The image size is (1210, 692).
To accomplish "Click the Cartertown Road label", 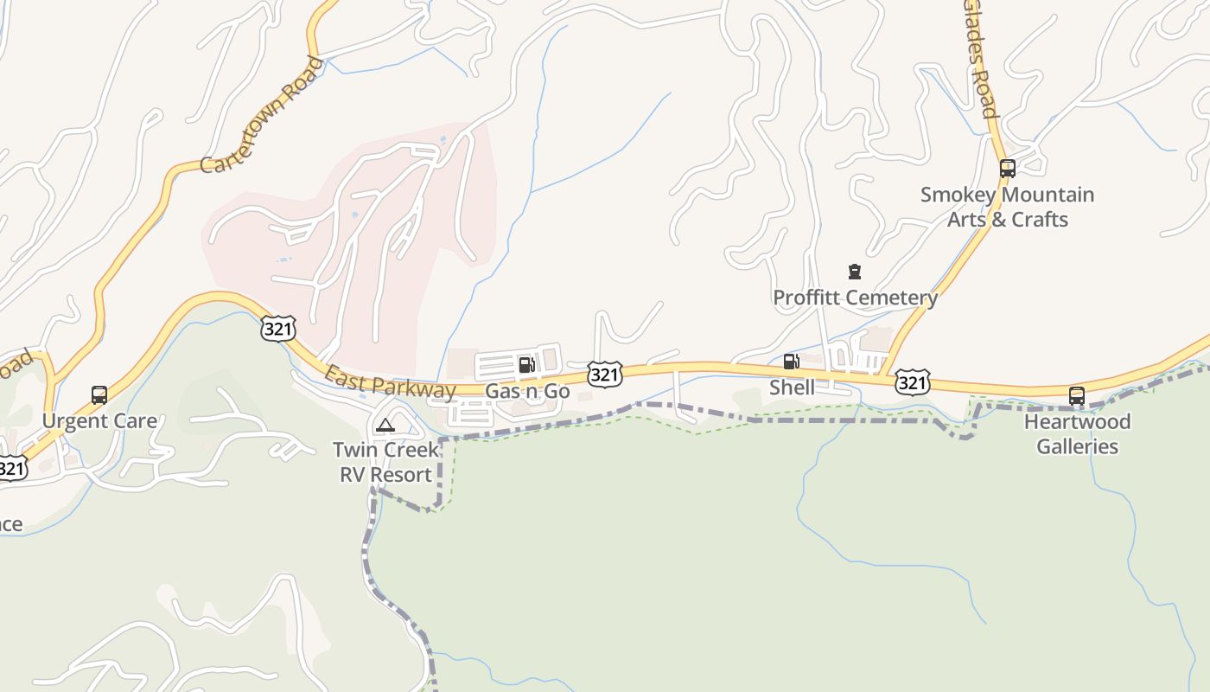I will click(x=262, y=116).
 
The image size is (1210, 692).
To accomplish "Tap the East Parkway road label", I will click(x=390, y=382).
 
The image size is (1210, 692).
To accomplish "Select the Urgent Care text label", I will click(x=99, y=421).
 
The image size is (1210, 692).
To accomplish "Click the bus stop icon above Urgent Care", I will click(x=99, y=395).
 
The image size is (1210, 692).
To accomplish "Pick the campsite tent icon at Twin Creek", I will click(x=385, y=425).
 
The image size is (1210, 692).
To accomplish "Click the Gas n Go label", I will click(x=527, y=391).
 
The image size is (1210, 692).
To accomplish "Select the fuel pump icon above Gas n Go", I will click(x=526, y=365).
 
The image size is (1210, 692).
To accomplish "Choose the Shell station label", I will click(x=792, y=388).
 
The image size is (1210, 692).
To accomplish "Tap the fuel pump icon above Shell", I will click(x=791, y=362).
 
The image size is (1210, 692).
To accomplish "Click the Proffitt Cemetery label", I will click(x=855, y=298).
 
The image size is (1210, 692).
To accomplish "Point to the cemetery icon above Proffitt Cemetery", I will click(x=855, y=272).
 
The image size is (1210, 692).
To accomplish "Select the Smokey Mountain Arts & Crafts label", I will click(x=1007, y=207).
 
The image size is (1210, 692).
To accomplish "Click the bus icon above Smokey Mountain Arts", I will click(x=1007, y=168).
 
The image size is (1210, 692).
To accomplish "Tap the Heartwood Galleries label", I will click(x=1077, y=434).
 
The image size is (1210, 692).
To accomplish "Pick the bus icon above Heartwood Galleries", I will click(x=1076, y=396).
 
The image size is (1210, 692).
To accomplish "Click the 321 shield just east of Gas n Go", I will click(x=605, y=374).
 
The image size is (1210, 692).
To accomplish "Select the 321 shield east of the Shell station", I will click(x=913, y=381).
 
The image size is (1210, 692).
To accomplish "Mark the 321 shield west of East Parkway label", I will click(x=278, y=328).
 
